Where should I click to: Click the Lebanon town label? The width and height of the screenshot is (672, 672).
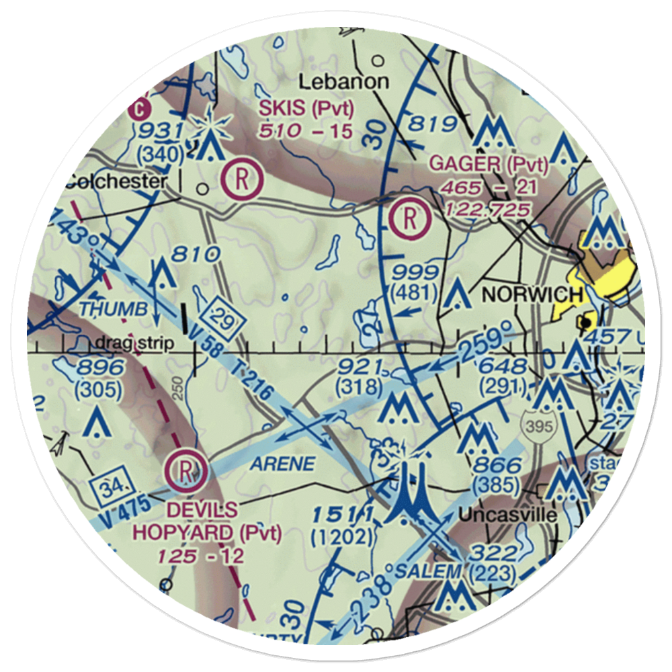pyautogui.click(x=343, y=82)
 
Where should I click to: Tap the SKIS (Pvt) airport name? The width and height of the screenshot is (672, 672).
pyautogui.click(x=306, y=108)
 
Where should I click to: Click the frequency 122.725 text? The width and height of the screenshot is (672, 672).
pyautogui.click(x=489, y=209)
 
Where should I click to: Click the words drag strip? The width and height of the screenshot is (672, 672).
pyautogui.click(x=134, y=343)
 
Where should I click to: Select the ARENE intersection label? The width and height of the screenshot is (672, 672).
pyautogui.click(x=283, y=464)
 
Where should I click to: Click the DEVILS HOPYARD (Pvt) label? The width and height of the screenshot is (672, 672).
pyautogui.click(x=202, y=521)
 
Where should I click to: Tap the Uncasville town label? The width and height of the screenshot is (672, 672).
pyautogui.click(x=508, y=515)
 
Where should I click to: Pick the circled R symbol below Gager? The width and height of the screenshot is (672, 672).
pyautogui.click(x=410, y=218)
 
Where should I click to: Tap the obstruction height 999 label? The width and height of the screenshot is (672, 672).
pyautogui.click(x=417, y=274)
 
